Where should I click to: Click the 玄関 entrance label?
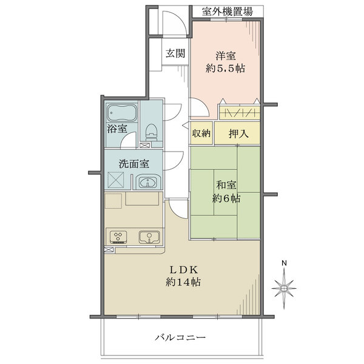click(175, 53)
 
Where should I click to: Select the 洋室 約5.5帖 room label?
click(225, 62)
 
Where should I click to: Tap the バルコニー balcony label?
click(181, 337)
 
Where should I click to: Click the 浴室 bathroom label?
click(117, 129)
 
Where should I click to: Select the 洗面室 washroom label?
click(133, 163)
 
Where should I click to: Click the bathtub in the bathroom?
click(123, 113)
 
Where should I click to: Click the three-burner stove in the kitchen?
click(118, 237)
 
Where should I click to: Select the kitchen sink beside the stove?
click(147, 237)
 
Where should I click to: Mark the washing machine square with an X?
click(116, 181)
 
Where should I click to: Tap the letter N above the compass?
click(284, 262)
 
